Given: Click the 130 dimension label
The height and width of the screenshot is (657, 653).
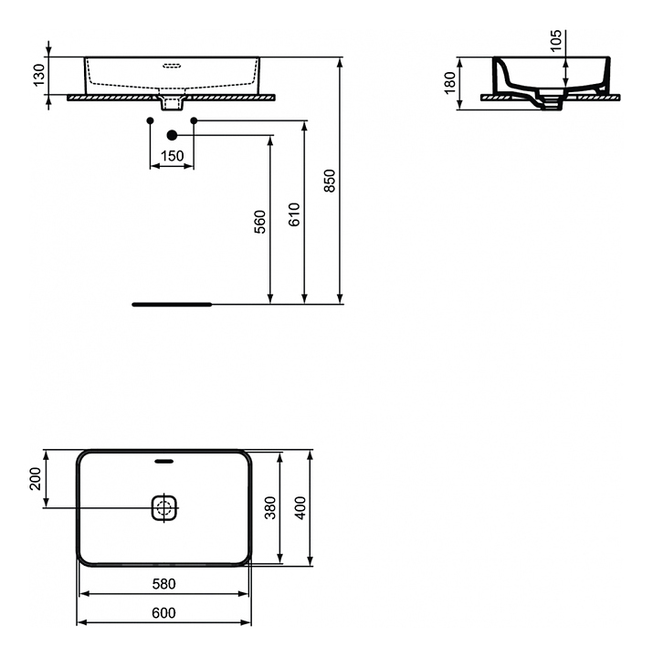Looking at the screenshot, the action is point(39,76).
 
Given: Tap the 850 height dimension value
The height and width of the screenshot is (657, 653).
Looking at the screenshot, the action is point(330,181).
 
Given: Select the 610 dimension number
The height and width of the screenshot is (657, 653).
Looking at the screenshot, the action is point(294,214).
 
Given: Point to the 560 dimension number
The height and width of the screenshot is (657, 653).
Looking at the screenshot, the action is point(260,222).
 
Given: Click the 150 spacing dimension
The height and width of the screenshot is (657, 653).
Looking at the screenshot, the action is point(173,156).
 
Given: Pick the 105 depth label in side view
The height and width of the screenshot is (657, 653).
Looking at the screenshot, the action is point(555,41).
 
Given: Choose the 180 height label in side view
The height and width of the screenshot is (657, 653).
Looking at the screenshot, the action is point(449,83).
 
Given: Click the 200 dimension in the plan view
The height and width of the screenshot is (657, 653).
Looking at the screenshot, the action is point(36,479).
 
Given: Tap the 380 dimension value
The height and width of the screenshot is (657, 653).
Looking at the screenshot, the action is point(271,508).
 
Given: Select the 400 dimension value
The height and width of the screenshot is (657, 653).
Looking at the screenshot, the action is point(300,508).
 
